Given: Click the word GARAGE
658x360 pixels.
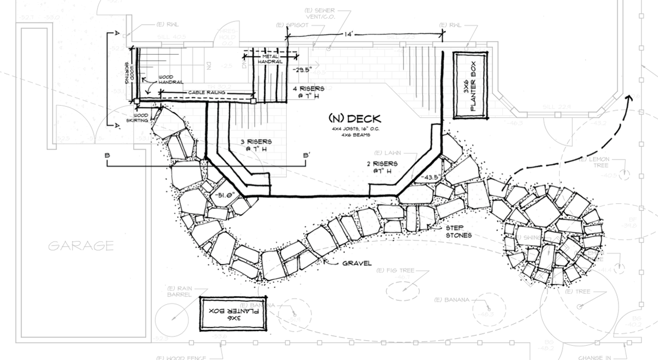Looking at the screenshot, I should (81, 245).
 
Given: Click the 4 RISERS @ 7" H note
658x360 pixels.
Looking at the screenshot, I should (309, 92).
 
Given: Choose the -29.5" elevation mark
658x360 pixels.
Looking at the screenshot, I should (301, 70).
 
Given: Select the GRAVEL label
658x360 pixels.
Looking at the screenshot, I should (358, 263).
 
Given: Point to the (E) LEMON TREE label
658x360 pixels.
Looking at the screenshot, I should (598, 164).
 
